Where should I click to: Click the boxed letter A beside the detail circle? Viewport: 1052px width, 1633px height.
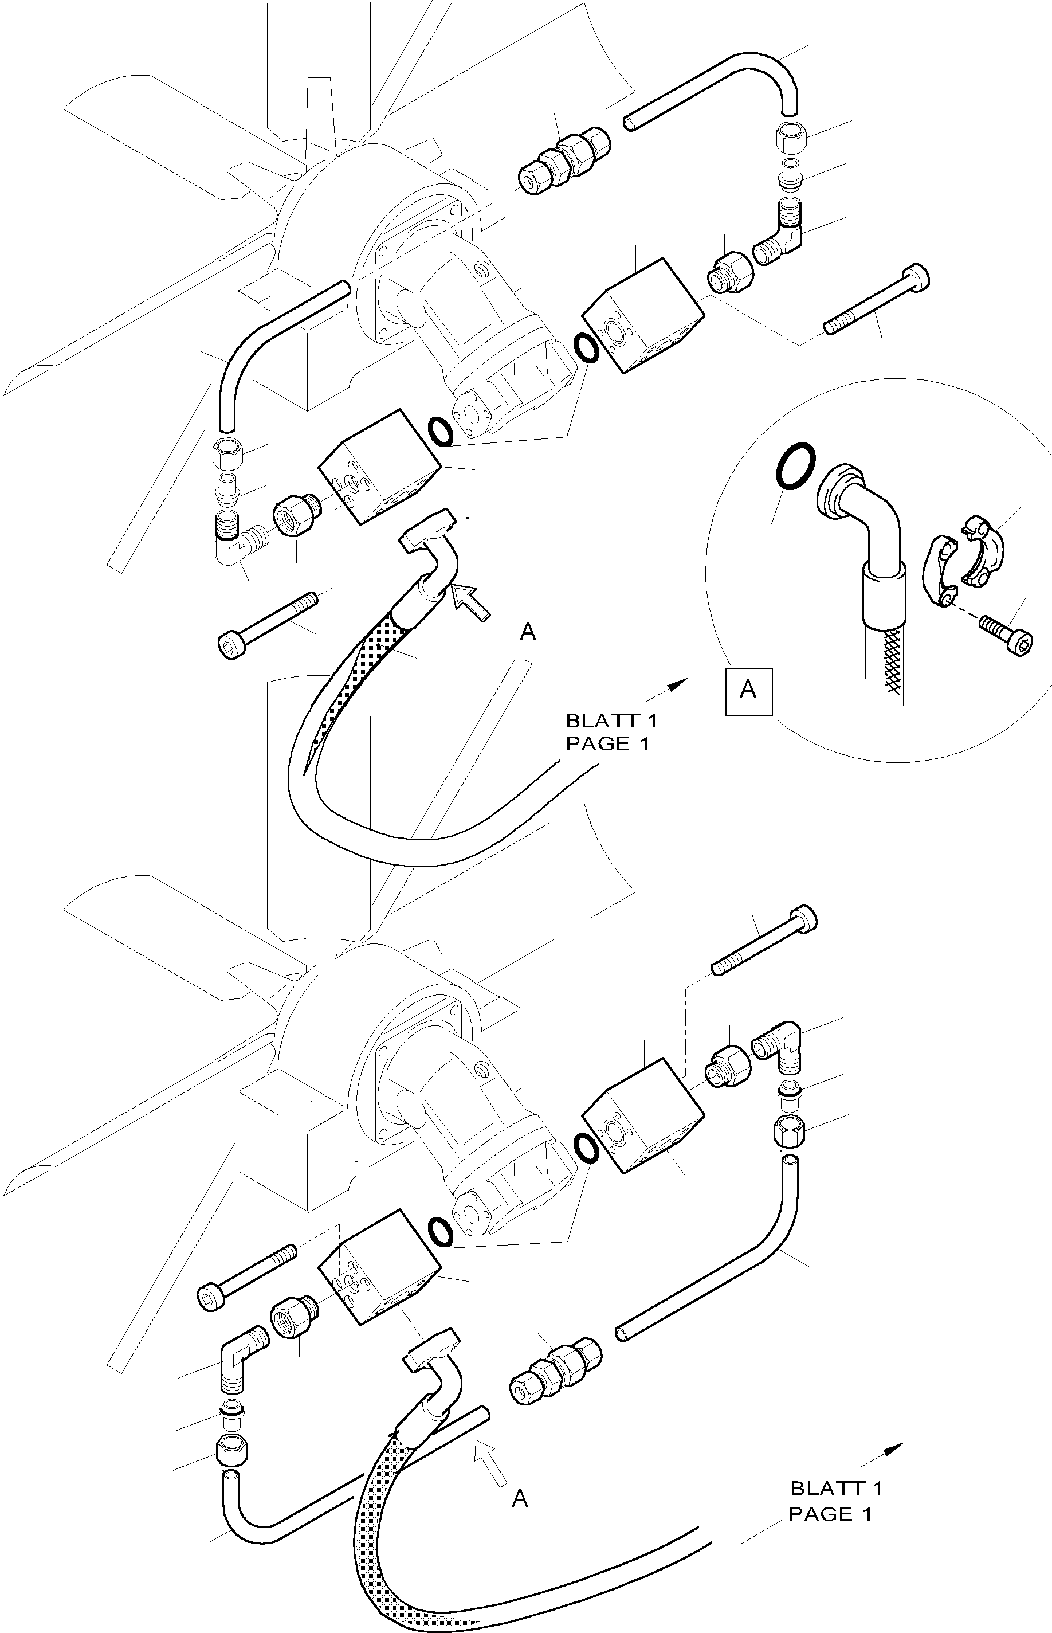(x=749, y=691)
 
